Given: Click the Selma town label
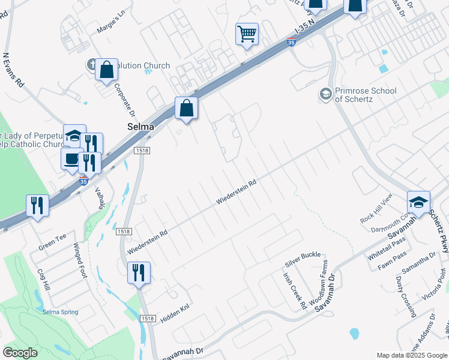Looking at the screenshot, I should tap(140, 127).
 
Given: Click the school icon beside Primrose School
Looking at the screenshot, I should tap(325, 94).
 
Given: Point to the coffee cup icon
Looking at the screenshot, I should tap(72, 159).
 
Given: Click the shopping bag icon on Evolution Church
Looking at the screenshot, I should tap(106, 70).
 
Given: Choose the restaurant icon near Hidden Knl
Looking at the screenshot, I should tap(139, 272).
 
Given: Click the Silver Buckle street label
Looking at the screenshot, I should tap(303, 259).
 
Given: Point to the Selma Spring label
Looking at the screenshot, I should tap(60, 312).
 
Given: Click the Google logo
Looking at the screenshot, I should tap(20, 353).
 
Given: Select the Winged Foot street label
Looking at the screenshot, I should tap(80, 260).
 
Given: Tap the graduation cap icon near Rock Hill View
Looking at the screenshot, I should tap(418, 202).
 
